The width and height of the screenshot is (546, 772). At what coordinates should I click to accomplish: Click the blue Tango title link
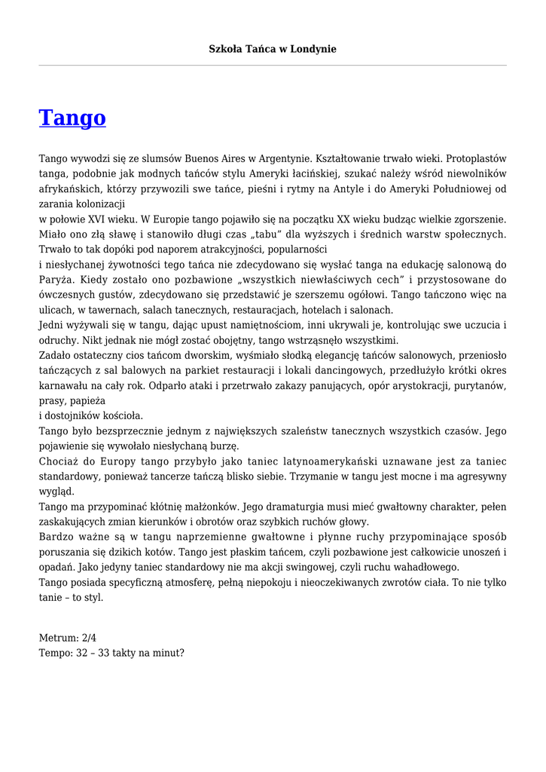(x=72, y=118)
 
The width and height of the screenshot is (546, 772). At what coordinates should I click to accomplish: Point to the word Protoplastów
(x=476, y=159)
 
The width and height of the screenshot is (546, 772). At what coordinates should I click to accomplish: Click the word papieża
(x=90, y=400)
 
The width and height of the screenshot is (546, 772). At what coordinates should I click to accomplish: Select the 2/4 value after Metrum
(x=88, y=638)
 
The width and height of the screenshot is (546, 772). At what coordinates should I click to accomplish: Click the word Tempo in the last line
(x=55, y=653)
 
